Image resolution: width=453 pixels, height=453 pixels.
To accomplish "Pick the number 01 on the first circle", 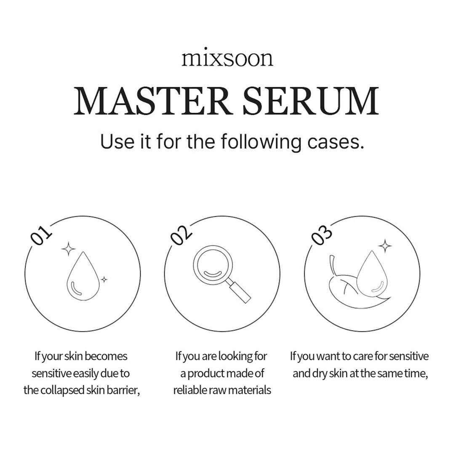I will point(41,235).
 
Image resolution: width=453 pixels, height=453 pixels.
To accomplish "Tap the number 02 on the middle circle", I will point(181,235).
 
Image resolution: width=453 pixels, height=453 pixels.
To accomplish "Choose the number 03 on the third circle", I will point(321,235).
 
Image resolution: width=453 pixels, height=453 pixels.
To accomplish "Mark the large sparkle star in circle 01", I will point(68,249).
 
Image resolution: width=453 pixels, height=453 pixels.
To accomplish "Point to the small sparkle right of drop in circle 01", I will point(104,280).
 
